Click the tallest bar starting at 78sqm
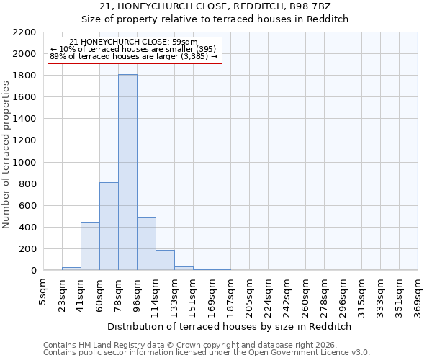click(x=127, y=173)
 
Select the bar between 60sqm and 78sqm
click(x=109, y=226)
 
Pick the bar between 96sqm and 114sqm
click(x=146, y=244)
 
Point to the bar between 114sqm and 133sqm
click(x=165, y=260)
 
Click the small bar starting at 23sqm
click(x=71, y=269)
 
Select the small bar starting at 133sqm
click(x=184, y=268)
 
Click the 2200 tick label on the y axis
click(x=24, y=32)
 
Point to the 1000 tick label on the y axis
click(x=24, y=163)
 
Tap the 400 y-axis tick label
click(x=27, y=228)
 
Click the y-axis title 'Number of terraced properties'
click(x=6, y=155)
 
